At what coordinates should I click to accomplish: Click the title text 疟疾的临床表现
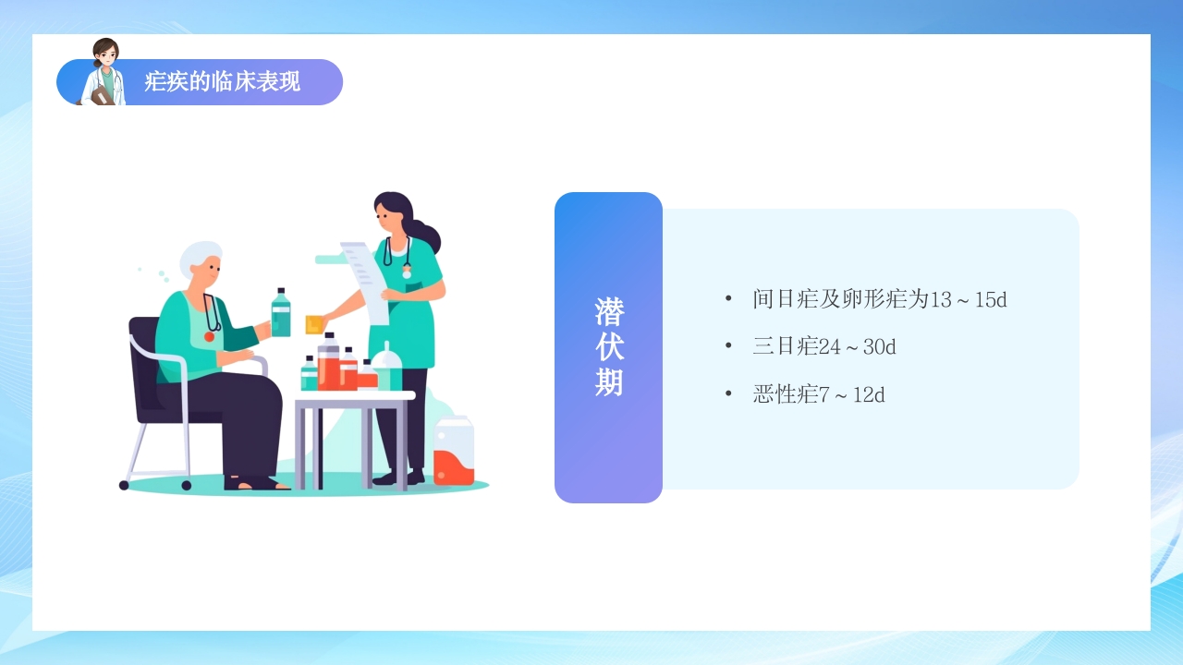222,82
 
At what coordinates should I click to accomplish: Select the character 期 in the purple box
609,381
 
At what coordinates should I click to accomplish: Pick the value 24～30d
858,347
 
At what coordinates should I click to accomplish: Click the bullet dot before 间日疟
728,298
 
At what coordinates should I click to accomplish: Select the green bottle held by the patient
281,314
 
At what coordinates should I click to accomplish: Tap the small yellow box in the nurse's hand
313,324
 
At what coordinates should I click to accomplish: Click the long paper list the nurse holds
368,277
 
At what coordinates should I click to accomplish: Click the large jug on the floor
453,452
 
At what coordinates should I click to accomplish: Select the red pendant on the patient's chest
210,336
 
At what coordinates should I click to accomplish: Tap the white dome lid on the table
387,355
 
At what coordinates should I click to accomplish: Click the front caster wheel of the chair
187,485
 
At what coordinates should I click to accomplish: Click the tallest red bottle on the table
328,364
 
